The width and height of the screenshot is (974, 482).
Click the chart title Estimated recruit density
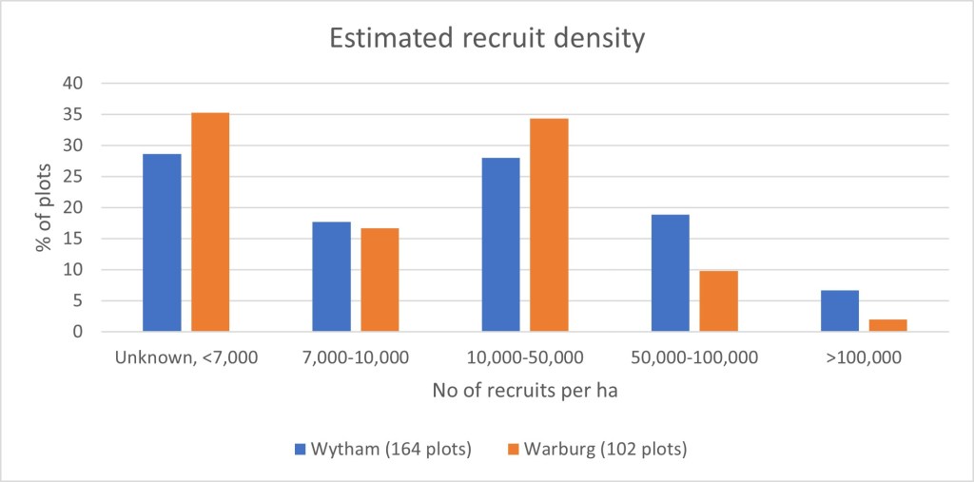pos(487,39)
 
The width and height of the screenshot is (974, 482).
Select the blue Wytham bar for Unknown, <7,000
pos(162,242)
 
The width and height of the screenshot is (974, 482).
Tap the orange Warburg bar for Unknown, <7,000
pos(210,222)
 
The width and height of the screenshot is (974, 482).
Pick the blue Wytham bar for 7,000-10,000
pos(331,277)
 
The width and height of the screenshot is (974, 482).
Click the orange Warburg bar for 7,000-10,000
pos(380,280)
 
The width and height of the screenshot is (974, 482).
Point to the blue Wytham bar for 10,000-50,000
pos(500,244)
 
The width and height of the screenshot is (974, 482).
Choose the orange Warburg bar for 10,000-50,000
pos(549,225)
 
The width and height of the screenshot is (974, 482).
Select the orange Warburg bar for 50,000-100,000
pos(718,301)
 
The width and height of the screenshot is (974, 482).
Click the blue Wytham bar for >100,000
pos(839,311)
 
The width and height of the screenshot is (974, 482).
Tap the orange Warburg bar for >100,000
pos(887,325)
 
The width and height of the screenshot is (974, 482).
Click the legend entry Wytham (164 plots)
pos(383,448)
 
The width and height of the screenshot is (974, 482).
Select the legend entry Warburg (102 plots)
pos(587,448)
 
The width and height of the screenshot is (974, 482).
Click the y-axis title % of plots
pos(44,207)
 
